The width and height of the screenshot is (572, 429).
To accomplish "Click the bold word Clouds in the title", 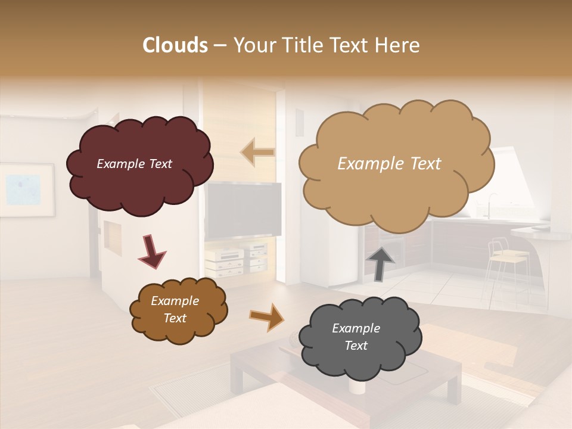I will [175, 45].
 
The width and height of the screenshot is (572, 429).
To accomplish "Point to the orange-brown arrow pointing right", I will [266, 316].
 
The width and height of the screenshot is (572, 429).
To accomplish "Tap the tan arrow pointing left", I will [257, 153].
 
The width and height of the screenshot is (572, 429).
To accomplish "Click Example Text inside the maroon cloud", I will [134, 164].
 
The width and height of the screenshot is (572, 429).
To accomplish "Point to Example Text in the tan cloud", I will [389, 164].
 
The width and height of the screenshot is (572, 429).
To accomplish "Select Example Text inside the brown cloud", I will [175, 310].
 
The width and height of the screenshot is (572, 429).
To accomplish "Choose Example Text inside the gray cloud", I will [356, 337].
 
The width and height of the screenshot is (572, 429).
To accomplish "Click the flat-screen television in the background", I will [244, 210].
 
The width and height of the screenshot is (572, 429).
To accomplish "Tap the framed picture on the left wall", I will [26, 189].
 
